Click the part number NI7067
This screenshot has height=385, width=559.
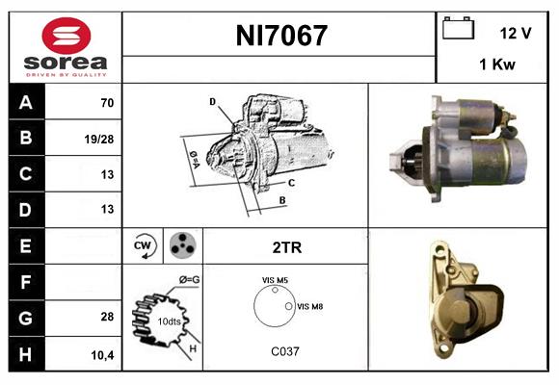pyautogui.click(x=281, y=37)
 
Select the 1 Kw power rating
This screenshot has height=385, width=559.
pyautogui.click(x=495, y=65)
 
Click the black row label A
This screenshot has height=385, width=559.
pyautogui.click(x=25, y=101)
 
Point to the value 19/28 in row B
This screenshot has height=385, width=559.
pyautogui.click(x=100, y=138)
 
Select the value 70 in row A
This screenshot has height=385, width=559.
pyautogui.click(x=106, y=101)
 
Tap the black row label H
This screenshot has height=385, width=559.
pyautogui.click(x=25, y=353)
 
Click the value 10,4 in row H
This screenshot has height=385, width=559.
pyautogui.click(x=102, y=354)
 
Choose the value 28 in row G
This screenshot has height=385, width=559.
pyautogui.click(x=106, y=317)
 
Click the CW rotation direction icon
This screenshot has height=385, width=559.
pyautogui.click(x=144, y=246)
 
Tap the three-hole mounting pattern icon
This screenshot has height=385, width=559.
pyautogui.click(x=181, y=245)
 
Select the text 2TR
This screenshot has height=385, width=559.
pyautogui.click(x=286, y=247)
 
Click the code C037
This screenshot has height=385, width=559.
pyautogui.click(x=285, y=351)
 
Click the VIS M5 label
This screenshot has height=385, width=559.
pyautogui.click(x=275, y=280)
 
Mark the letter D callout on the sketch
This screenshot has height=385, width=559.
pyautogui.click(x=212, y=101)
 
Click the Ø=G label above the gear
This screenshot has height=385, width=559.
pyautogui.click(x=190, y=280)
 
